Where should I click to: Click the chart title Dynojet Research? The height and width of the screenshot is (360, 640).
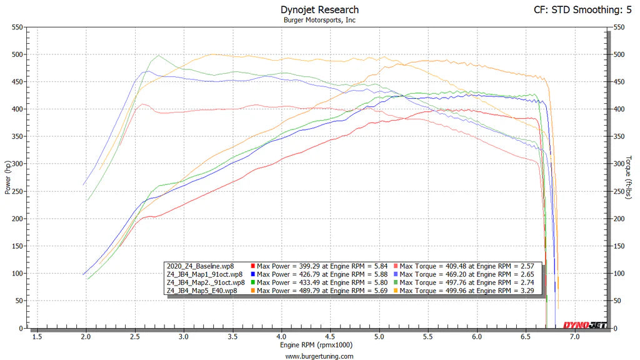(319, 9)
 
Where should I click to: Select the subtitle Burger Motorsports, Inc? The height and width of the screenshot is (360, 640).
(319, 20)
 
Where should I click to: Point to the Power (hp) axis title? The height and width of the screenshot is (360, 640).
(7, 177)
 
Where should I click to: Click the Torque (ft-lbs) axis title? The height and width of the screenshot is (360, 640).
(631, 177)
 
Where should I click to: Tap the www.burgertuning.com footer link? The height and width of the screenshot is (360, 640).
(319, 356)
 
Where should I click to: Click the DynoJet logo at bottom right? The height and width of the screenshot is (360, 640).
(584, 324)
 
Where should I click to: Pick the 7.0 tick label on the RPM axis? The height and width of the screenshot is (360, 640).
(574, 337)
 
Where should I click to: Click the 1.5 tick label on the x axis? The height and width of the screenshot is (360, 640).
(37, 337)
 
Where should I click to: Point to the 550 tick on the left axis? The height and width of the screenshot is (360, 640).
(17, 27)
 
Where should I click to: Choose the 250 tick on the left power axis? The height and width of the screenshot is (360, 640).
(17, 192)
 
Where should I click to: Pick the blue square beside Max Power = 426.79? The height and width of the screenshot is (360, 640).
(252, 274)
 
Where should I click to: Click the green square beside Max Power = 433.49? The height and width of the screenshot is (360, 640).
(252, 282)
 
